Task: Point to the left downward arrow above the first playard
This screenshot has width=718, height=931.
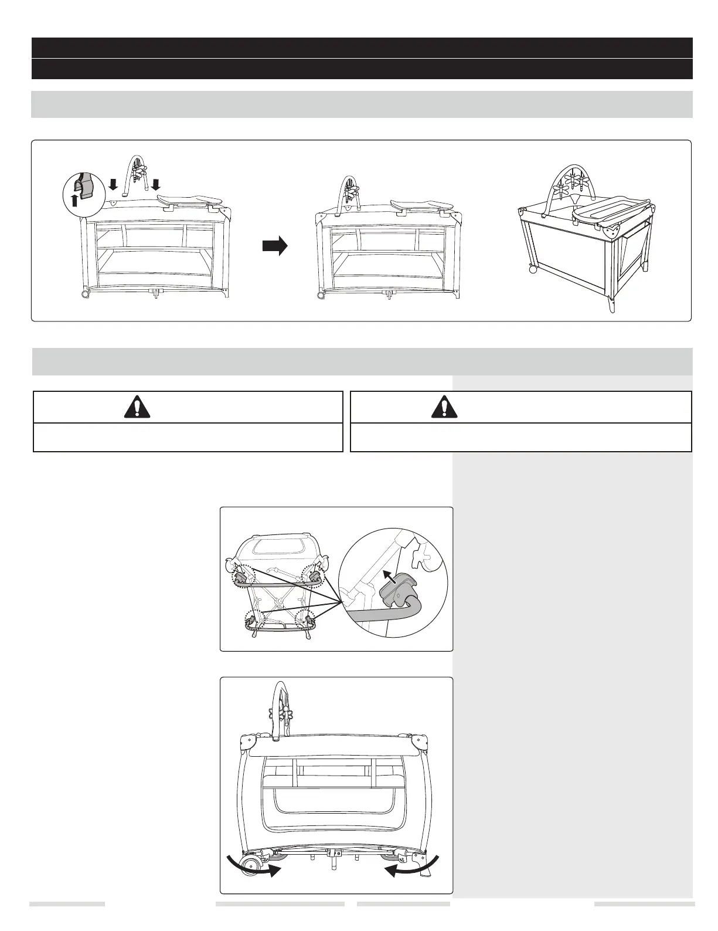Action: [114, 185]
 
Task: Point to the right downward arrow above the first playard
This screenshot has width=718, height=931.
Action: [155, 185]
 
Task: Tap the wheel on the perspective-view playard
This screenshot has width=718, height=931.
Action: [533, 269]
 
